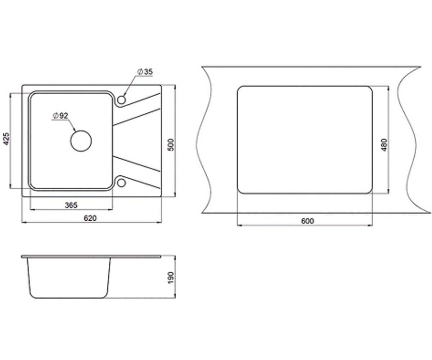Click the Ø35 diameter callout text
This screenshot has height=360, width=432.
(145, 72)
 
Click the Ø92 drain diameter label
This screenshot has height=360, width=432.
(60, 116)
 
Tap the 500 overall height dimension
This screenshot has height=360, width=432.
(172, 145)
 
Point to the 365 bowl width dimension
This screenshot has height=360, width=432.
(71, 205)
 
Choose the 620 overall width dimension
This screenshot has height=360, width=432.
(90, 218)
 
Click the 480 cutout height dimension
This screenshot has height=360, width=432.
(384, 145)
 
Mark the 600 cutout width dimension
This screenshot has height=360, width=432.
(307, 221)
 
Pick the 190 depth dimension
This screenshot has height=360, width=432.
(172, 278)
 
